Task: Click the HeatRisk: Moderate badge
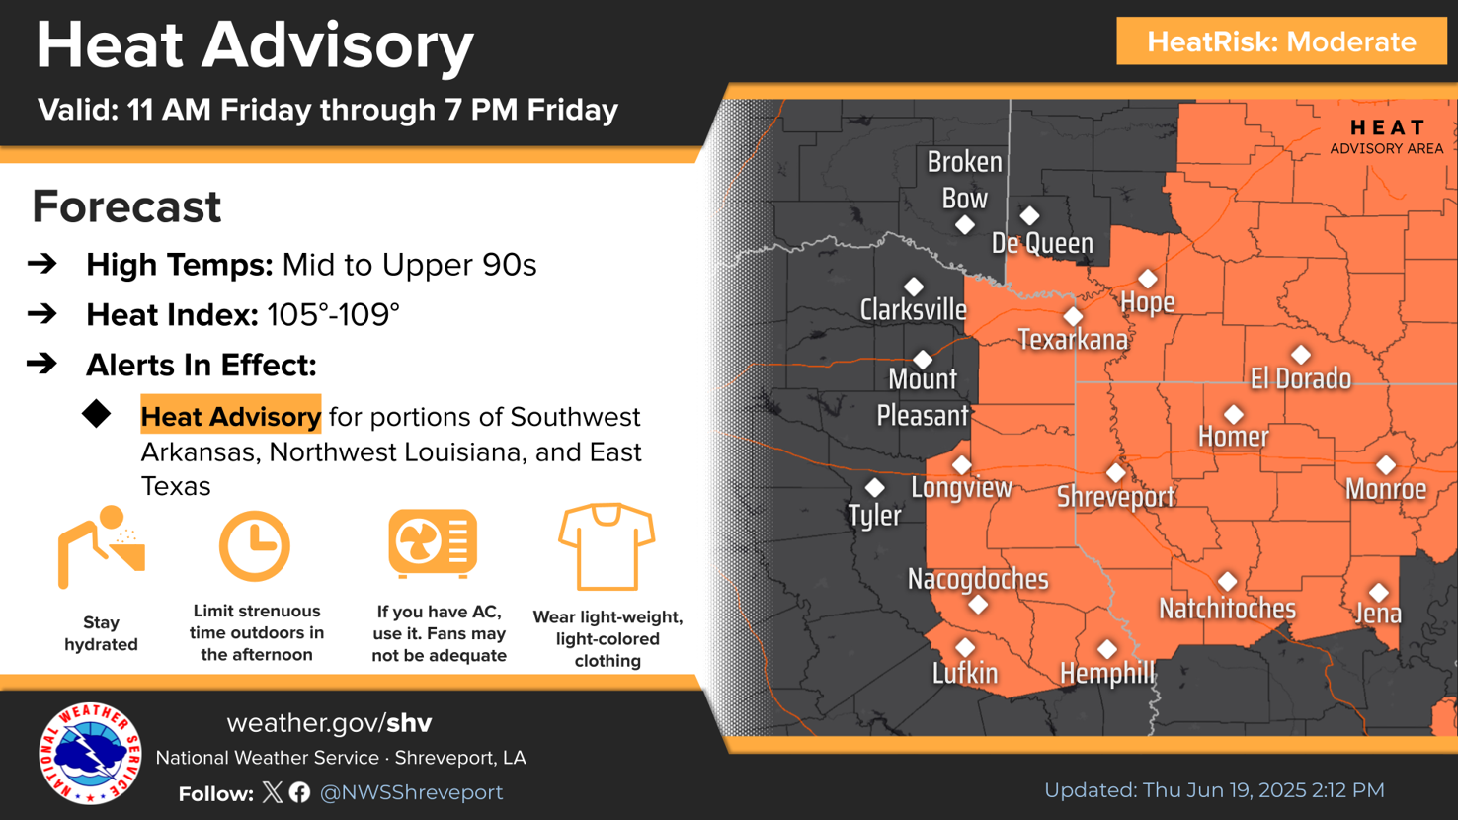point(1281,41)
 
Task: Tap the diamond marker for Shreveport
point(1115,473)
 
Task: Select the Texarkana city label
point(1073,341)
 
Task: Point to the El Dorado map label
point(1300,378)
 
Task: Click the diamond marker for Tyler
point(874,488)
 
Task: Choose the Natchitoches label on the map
point(1227,609)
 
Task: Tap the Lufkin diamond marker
point(965,647)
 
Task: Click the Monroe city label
point(1386,489)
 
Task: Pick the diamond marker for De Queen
point(1029,215)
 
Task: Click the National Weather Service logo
point(90,754)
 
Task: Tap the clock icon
point(254,546)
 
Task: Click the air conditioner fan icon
point(433,543)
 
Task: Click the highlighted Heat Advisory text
point(230,417)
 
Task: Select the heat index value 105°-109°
point(333,315)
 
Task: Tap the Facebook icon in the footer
point(300,792)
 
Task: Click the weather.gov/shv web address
point(329,723)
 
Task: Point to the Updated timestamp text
point(1214,790)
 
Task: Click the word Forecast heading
point(126,206)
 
